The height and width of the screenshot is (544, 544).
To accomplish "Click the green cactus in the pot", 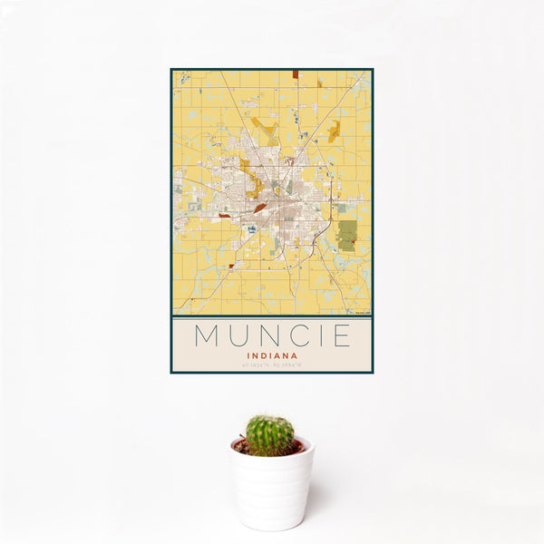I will (269, 435).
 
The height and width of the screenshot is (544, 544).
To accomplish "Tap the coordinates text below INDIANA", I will (271, 365).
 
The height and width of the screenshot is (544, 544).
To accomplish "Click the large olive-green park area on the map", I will (346, 235).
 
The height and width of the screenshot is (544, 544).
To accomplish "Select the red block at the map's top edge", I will (295, 74).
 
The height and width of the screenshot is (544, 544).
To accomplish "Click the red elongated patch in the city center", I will (260, 208).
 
